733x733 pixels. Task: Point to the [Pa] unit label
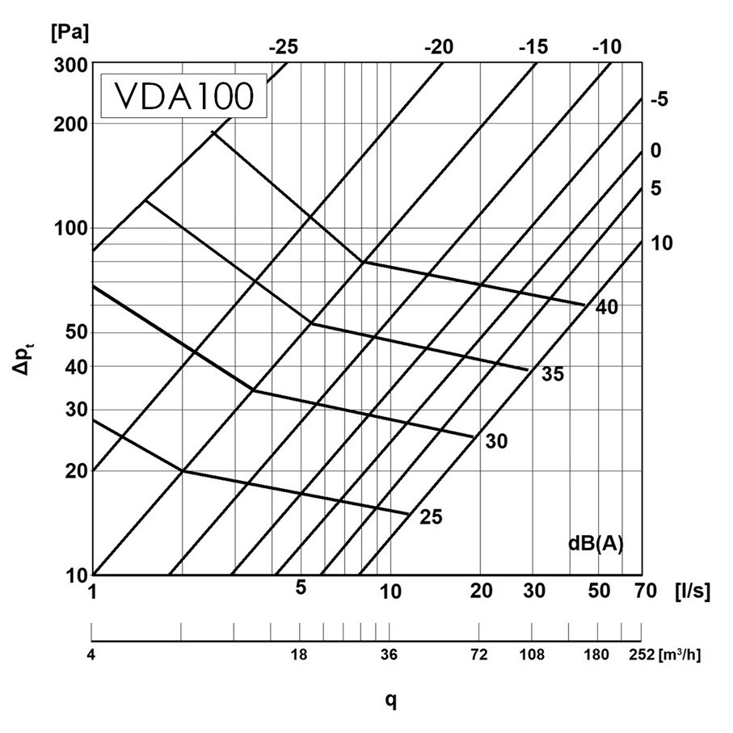pos(69,34)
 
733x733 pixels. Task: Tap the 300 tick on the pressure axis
pos(71,65)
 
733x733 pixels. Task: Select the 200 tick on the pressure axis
pos(71,124)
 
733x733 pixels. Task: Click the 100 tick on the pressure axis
pos(71,228)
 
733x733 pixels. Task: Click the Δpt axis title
pos(28,357)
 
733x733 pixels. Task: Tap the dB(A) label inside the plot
pos(595,543)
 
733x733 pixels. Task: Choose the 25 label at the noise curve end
pos(432,517)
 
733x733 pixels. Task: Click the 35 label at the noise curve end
pos(553,375)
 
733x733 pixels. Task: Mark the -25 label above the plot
pos(283,47)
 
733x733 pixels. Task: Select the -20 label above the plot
pos(440,47)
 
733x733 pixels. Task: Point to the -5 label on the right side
pos(659,100)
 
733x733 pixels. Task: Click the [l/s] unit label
pos(693,592)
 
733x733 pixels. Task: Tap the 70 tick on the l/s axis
pos(645,592)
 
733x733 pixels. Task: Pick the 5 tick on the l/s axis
pos(301,588)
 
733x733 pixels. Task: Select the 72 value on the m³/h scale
pos(479,655)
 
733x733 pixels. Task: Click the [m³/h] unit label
pos(680,654)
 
